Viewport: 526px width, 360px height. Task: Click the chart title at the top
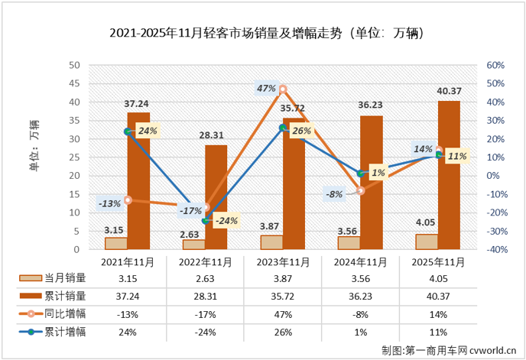tap(263, 34)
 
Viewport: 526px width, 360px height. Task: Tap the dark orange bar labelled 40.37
tap(449, 175)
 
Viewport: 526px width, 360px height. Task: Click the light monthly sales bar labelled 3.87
tap(271, 242)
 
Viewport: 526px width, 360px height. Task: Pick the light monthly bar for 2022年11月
tap(194, 245)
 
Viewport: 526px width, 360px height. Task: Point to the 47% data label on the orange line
tap(266, 89)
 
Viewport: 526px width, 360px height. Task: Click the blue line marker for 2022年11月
tap(205, 220)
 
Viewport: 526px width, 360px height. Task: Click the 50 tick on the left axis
tap(75, 66)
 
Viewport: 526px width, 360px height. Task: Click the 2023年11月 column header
tap(283, 261)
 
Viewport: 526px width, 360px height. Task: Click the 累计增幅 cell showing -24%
tap(205, 332)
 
